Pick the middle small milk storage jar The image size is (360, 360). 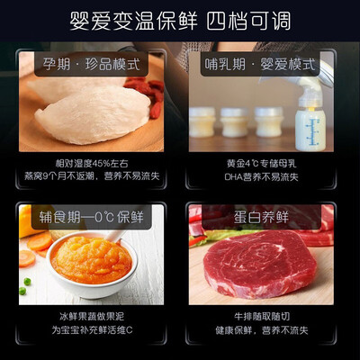236,121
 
